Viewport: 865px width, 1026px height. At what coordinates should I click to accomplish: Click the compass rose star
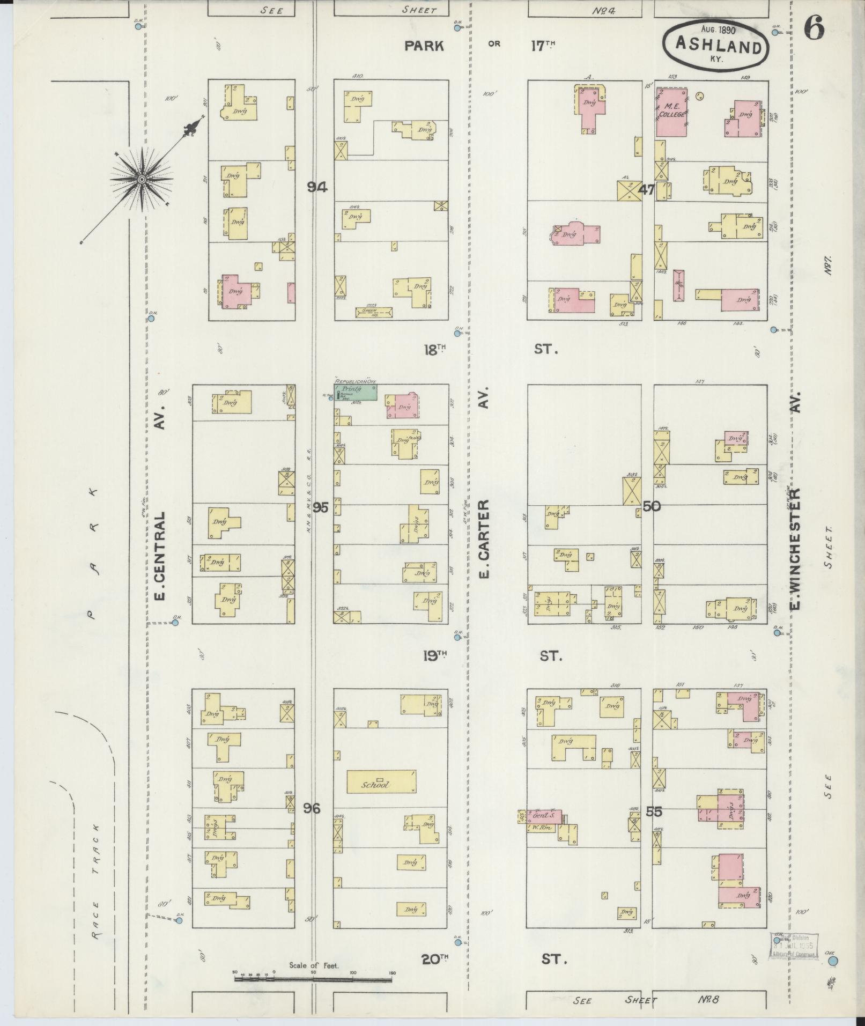pyautogui.click(x=142, y=179)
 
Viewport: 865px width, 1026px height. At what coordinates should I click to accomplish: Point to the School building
pyautogui.click(x=382, y=782)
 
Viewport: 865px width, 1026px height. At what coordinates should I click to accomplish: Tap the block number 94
pyautogui.click(x=317, y=187)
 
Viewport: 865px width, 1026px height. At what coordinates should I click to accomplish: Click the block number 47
pyautogui.click(x=647, y=189)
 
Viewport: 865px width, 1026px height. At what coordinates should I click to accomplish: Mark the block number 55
pyautogui.click(x=654, y=827)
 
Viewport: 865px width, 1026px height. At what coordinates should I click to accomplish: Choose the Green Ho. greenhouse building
pyautogui.click(x=374, y=311)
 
